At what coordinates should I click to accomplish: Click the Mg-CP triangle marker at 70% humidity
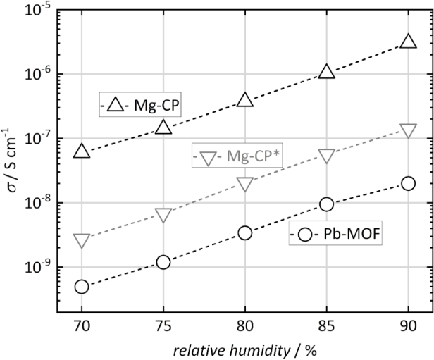point(82,151)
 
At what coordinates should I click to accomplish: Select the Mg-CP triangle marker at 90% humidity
point(408,42)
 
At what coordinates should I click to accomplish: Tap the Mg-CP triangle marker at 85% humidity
point(326,71)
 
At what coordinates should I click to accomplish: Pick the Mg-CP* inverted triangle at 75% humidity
point(163,215)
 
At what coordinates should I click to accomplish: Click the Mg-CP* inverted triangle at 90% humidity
point(408,130)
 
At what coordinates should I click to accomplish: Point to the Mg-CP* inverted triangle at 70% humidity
point(82,241)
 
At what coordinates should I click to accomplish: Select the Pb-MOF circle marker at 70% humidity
point(82,287)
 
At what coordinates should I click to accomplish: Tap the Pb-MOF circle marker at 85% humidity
point(326,204)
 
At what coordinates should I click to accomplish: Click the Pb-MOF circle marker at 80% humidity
point(245,232)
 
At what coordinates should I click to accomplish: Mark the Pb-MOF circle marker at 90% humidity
point(408,183)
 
